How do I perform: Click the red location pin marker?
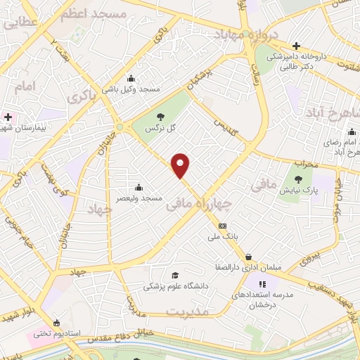(181, 165)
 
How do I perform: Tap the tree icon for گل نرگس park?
(160, 117)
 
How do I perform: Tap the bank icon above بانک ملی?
(223, 226)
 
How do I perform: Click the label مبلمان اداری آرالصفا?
(243, 268)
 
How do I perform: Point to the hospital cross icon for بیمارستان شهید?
(8, 117)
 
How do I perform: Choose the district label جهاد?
(100, 208)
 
